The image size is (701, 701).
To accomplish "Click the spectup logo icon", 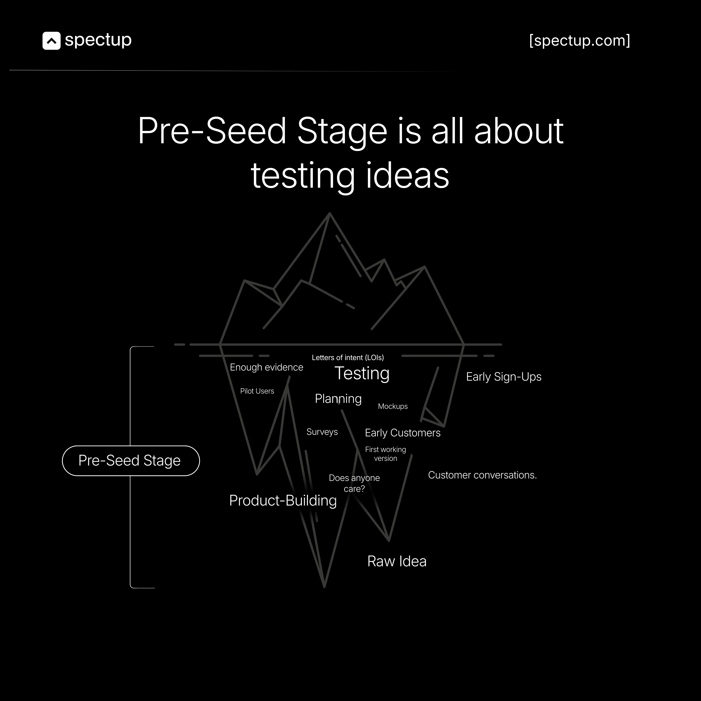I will point(51,41).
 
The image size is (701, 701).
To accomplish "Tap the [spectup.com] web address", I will point(580,41).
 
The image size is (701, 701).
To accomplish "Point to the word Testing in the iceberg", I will point(362,373).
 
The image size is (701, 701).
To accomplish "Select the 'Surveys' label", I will point(322,432).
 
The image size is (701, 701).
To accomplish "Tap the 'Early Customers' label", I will point(402,433).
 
